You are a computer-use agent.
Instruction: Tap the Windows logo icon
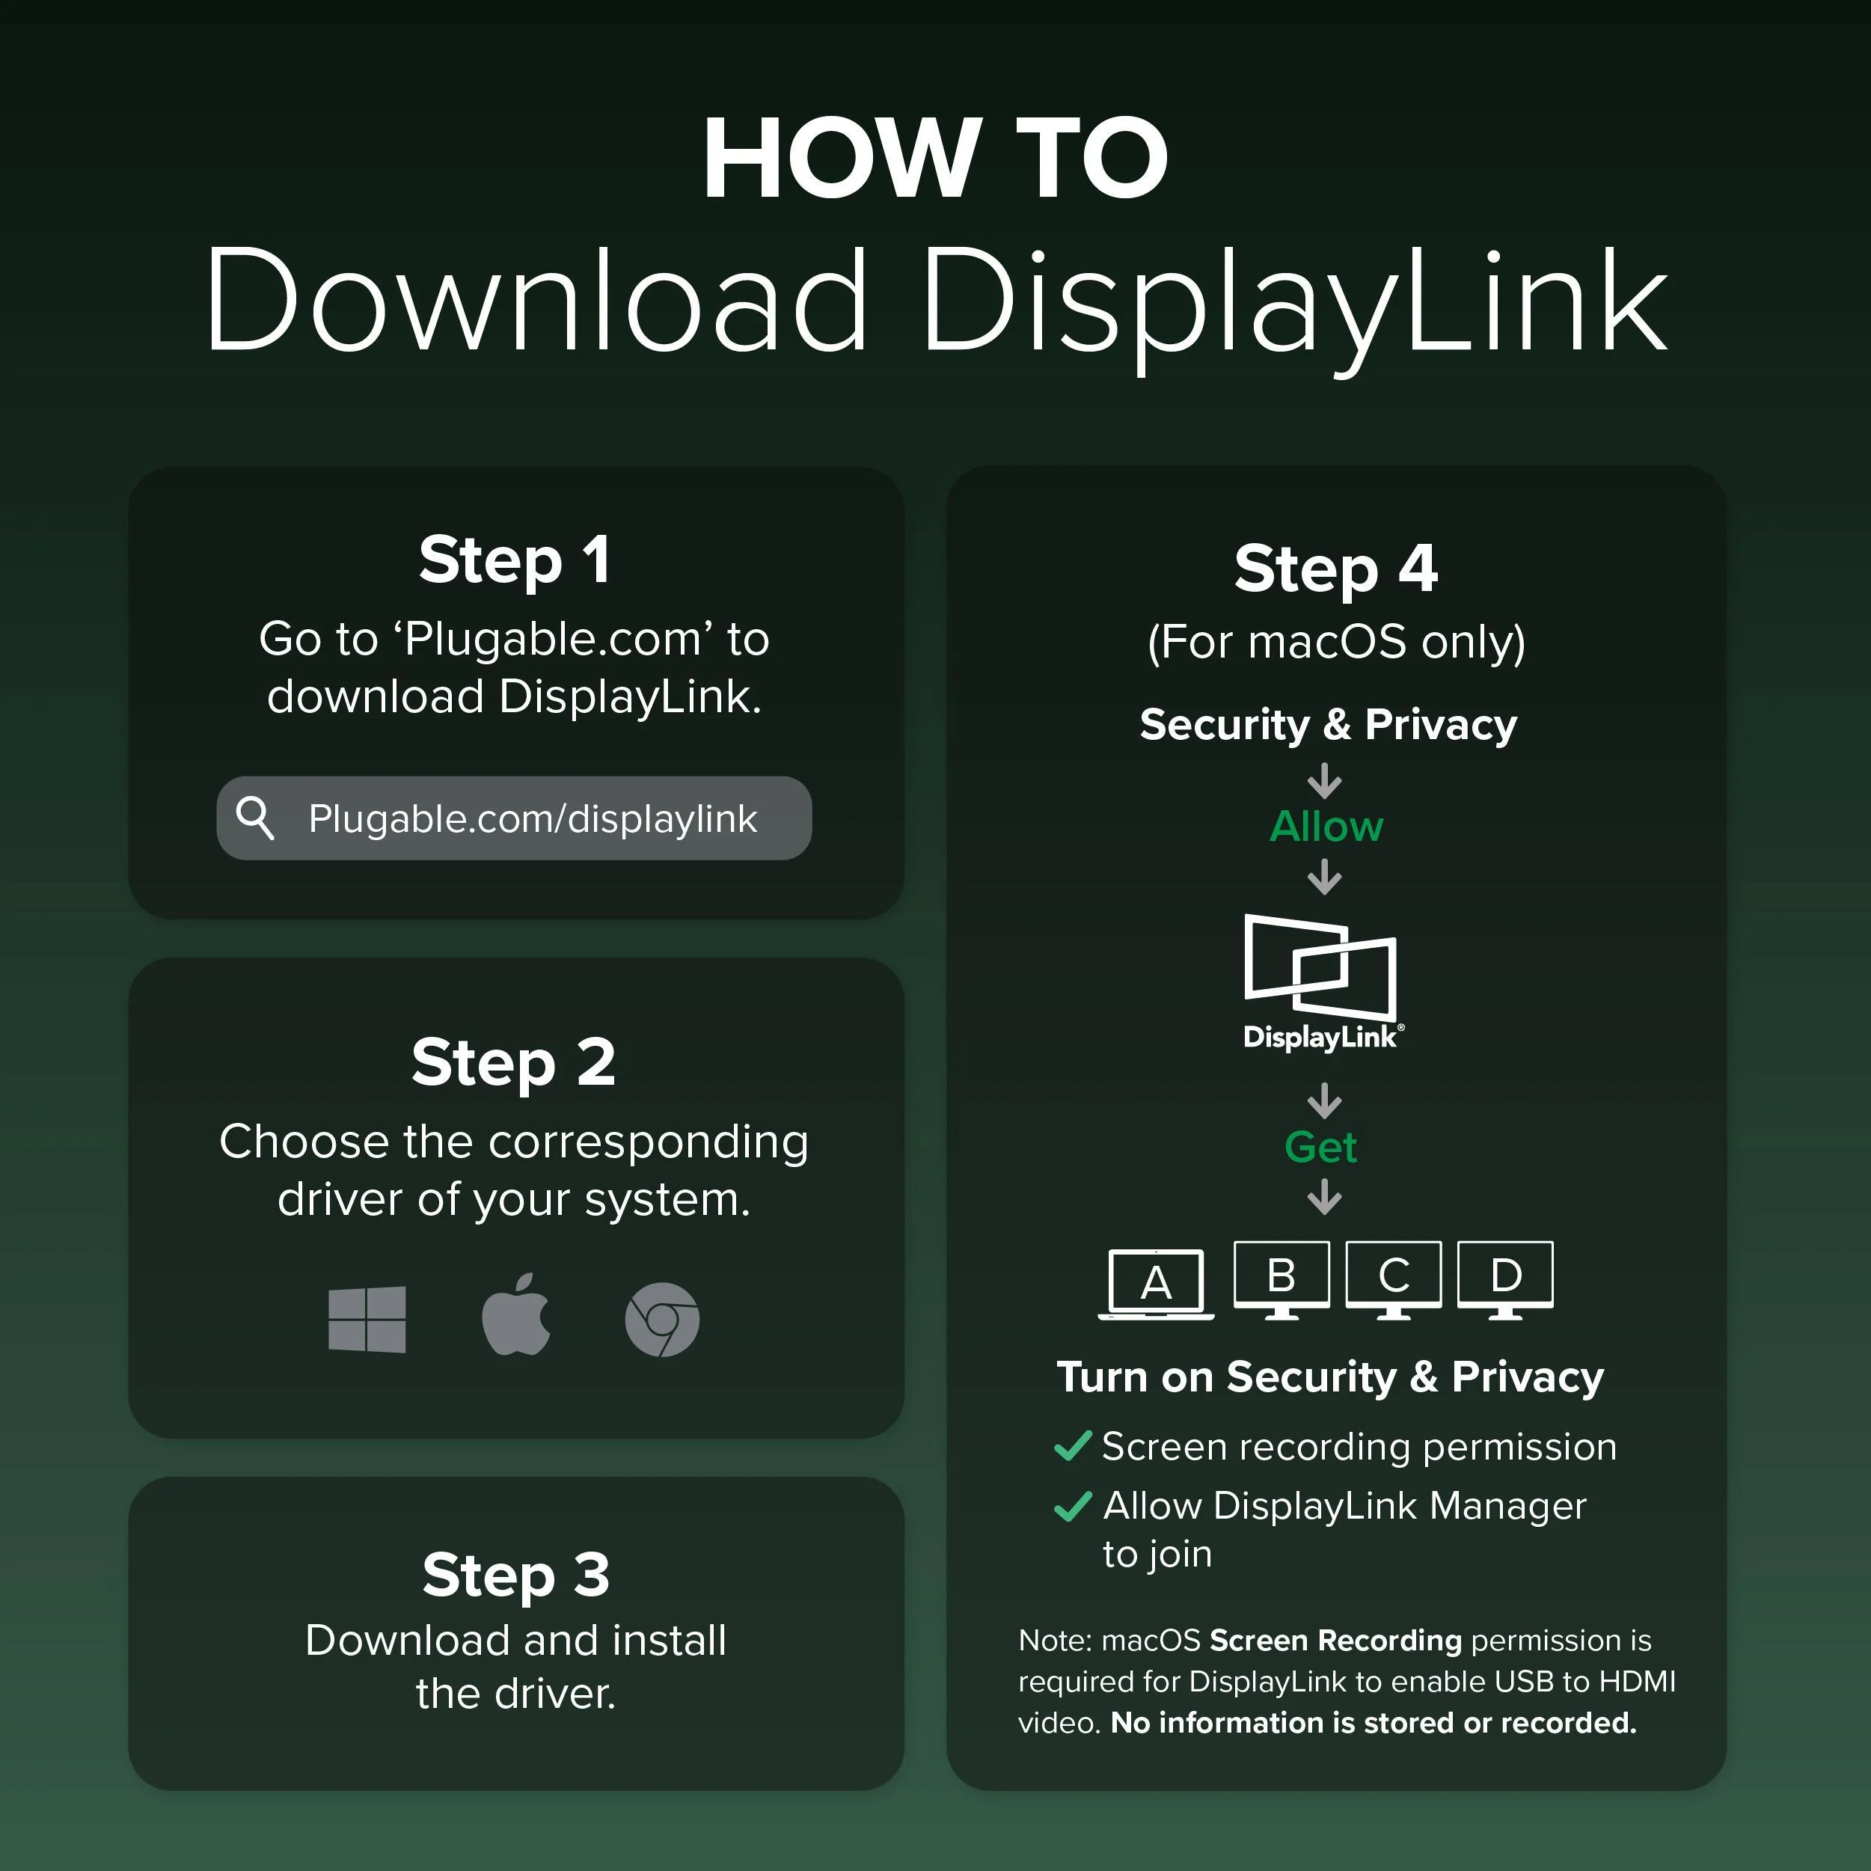coord(367,1319)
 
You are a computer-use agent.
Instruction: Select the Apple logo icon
coord(516,1315)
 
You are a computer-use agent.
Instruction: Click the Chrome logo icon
coord(662,1320)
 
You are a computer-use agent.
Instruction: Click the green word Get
coord(1321,1148)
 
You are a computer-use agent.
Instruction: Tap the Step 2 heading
coord(513,1063)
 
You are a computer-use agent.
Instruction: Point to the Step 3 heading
coord(516,1576)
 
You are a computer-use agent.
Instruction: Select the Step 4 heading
coord(1335,569)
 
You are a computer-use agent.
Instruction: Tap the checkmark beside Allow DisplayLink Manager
coord(1073,1505)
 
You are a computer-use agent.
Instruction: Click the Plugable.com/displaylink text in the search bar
coord(533,819)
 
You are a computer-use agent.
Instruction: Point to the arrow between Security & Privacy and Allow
coord(1325,780)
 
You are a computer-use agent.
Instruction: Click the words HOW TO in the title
coord(935,158)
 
